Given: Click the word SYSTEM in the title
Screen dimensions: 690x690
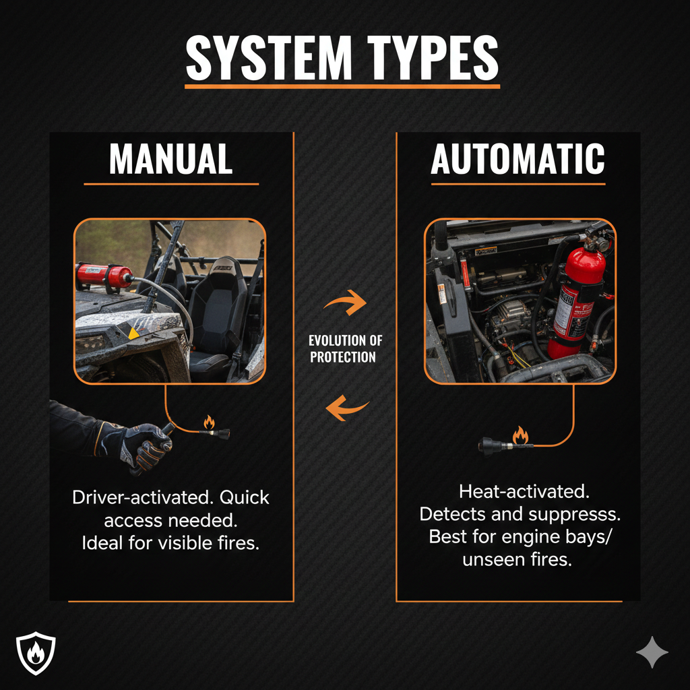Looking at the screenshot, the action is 269,58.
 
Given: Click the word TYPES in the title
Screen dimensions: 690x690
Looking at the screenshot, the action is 433,58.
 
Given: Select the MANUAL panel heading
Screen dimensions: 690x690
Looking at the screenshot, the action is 170,159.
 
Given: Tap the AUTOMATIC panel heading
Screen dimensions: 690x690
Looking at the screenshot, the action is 517,159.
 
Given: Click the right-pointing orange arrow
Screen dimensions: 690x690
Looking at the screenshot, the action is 346,303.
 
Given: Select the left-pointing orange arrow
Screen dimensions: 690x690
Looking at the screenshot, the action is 346,408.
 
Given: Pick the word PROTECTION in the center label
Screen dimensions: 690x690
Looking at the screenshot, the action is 343,357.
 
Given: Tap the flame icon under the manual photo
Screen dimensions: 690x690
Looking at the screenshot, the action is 209,422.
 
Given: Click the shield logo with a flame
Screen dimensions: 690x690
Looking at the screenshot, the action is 36,653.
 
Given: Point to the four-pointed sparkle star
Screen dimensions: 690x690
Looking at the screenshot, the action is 652,652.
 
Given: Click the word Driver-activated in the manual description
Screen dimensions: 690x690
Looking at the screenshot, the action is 143,497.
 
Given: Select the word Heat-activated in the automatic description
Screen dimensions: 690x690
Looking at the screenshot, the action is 524,491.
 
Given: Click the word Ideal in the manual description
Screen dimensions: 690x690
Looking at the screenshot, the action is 102,543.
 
